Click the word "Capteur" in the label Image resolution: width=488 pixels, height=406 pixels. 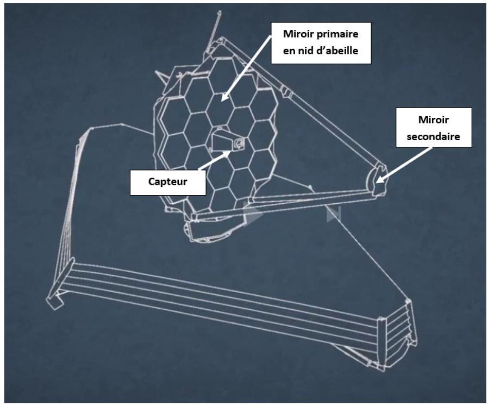point(168,182)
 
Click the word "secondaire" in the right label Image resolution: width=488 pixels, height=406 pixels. point(433,136)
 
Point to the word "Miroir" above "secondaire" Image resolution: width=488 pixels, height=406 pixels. point(433,120)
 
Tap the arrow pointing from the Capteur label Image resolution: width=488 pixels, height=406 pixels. point(215,160)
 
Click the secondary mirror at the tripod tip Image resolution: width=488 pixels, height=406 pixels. point(376,181)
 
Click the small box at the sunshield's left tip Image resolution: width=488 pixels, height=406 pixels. point(55,300)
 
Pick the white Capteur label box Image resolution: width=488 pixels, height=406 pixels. point(168,183)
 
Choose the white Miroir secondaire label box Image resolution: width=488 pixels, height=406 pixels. point(434,127)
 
